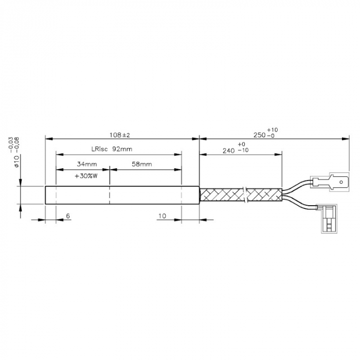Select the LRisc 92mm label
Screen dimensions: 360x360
click(x=112, y=149)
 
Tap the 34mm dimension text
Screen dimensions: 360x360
click(x=86, y=164)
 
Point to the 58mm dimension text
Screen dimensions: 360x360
click(x=141, y=164)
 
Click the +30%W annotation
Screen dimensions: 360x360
click(x=86, y=176)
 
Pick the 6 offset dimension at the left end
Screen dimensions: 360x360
click(x=67, y=217)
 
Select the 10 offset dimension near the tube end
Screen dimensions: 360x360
click(x=162, y=217)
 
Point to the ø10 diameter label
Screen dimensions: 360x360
click(x=16, y=161)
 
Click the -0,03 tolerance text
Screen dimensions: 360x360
click(x=11, y=143)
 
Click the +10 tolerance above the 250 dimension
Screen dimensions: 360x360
click(x=273, y=130)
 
